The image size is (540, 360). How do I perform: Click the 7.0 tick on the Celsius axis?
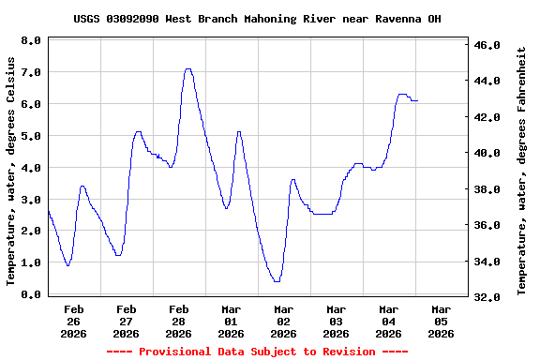(30, 72)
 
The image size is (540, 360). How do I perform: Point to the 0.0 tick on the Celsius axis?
(30, 295)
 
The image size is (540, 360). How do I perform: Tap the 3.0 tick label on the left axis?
(30, 200)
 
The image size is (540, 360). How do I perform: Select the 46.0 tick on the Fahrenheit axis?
(490, 45)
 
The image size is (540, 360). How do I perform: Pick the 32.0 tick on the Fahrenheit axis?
(490, 296)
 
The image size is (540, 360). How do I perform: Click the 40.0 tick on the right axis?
(490, 153)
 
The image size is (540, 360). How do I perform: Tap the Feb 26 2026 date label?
(73, 321)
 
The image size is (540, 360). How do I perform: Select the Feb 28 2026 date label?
(178, 321)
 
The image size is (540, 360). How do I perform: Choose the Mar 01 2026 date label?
(231, 321)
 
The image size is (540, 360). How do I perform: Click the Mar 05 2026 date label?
(441, 321)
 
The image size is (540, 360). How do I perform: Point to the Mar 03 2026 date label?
(336, 321)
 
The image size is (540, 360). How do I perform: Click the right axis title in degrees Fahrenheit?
(521, 170)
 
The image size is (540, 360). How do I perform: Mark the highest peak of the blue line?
(188, 68)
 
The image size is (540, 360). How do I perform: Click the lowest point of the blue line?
(277, 281)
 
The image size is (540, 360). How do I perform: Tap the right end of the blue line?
(417, 100)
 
